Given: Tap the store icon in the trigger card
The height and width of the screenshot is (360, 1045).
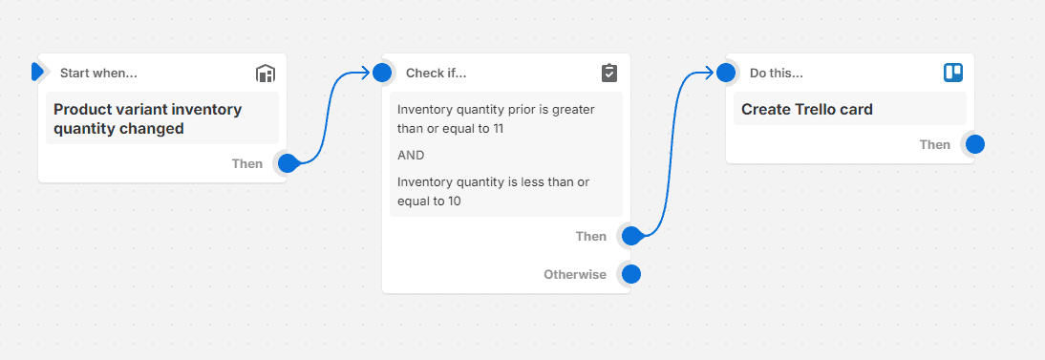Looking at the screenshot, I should pyautogui.click(x=266, y=74).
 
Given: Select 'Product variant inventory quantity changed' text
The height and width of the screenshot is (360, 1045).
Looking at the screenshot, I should pyautogui.click(x=147, y=118).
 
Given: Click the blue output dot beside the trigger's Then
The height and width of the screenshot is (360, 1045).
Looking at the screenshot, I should pyautogui.click(x=287, y=163).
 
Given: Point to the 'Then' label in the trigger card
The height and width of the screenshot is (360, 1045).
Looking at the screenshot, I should pyautogui.click(x=246, y=164).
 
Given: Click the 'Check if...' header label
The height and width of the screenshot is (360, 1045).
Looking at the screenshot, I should pyautogui.click(x=436, y=73).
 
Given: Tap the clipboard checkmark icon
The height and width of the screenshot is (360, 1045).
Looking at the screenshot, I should pyautogui.click(x=609, y=74).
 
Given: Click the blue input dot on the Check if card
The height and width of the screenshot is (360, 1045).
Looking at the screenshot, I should pyautogui.click(x=382, y=73).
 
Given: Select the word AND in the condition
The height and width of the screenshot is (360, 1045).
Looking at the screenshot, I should pyautogui.click(x=411, y=155).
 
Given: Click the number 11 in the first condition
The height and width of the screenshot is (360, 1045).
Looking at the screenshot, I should pyautogui.click(x=498, y=128).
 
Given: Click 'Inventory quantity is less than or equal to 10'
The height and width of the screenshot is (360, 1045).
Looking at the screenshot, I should pyautogui.click(x=493, y=191).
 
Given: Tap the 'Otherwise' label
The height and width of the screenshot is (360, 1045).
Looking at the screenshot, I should pyautogui.click(x=575, y=275).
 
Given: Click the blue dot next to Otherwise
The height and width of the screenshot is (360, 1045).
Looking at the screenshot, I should pyautogui.click(x=630, y=275).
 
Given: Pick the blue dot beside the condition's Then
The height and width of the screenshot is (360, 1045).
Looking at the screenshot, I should pyautogui.click(x=630, y=236).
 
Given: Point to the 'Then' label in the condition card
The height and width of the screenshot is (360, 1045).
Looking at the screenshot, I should pyautogui.click(x=590, y=237).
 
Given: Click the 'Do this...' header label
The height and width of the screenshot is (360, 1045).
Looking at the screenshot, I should pyautogui.click(x=776, y=73).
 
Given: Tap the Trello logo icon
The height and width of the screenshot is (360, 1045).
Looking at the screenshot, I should pyautogui.click(x=953, y=73).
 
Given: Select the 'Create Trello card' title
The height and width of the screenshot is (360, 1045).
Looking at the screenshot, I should pyautogui.click(x=806, y=109).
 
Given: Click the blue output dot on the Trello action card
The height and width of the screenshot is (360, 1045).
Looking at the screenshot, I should pyautogui.click(x=974, y=144).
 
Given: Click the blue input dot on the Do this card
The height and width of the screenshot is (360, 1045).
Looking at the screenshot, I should pyautogui.click(x=726, y=73).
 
